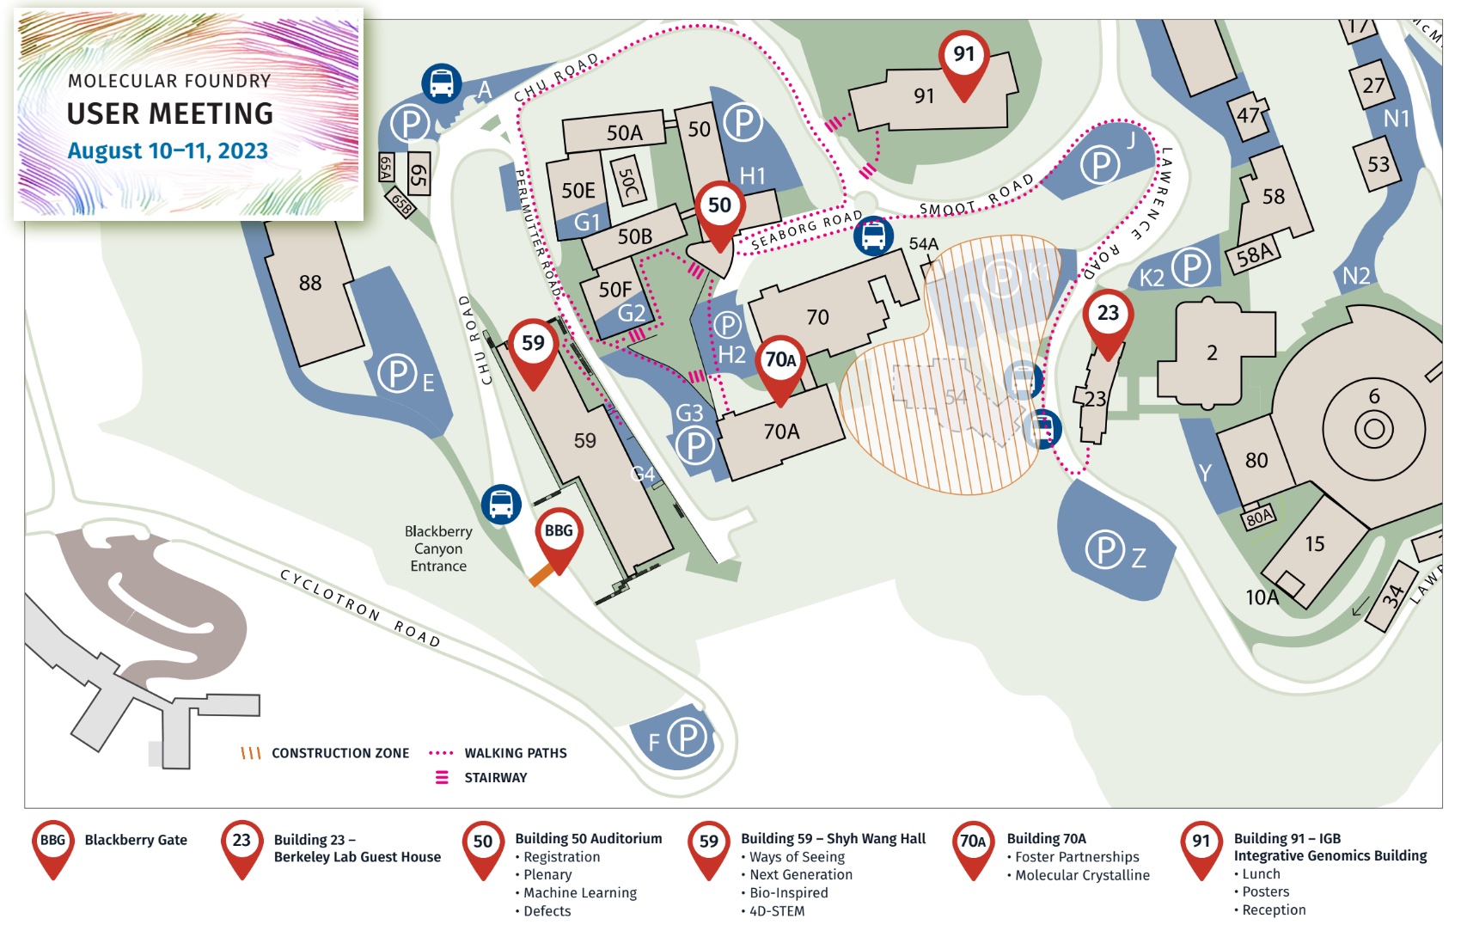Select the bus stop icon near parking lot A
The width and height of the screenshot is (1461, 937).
(x=442, y=83)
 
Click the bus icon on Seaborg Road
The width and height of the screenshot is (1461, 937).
(x=873, y=235)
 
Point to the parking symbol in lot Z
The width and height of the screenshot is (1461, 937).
(x=1104, y=550)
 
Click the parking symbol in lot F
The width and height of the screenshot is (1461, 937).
(x=688, y=737)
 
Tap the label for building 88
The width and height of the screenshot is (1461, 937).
(x=310, y=283)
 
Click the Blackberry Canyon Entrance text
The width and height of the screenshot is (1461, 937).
(x=438, y=548)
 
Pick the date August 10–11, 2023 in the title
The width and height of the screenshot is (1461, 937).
(x=168, y=151)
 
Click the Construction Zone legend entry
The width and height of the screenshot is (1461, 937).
(x=339, y=753)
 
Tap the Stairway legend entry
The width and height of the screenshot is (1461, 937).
(x=495, y=778)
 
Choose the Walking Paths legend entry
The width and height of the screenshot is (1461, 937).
(x=515, y=753)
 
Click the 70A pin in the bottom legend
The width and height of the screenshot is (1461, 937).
(x=973, y=843)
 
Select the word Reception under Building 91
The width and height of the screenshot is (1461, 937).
(x=1274, y=910)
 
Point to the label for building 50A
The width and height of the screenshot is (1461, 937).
(x=624, y=132)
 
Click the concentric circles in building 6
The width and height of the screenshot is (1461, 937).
(x=1373, y=427)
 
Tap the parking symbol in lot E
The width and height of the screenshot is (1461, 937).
(x=398, y=374)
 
